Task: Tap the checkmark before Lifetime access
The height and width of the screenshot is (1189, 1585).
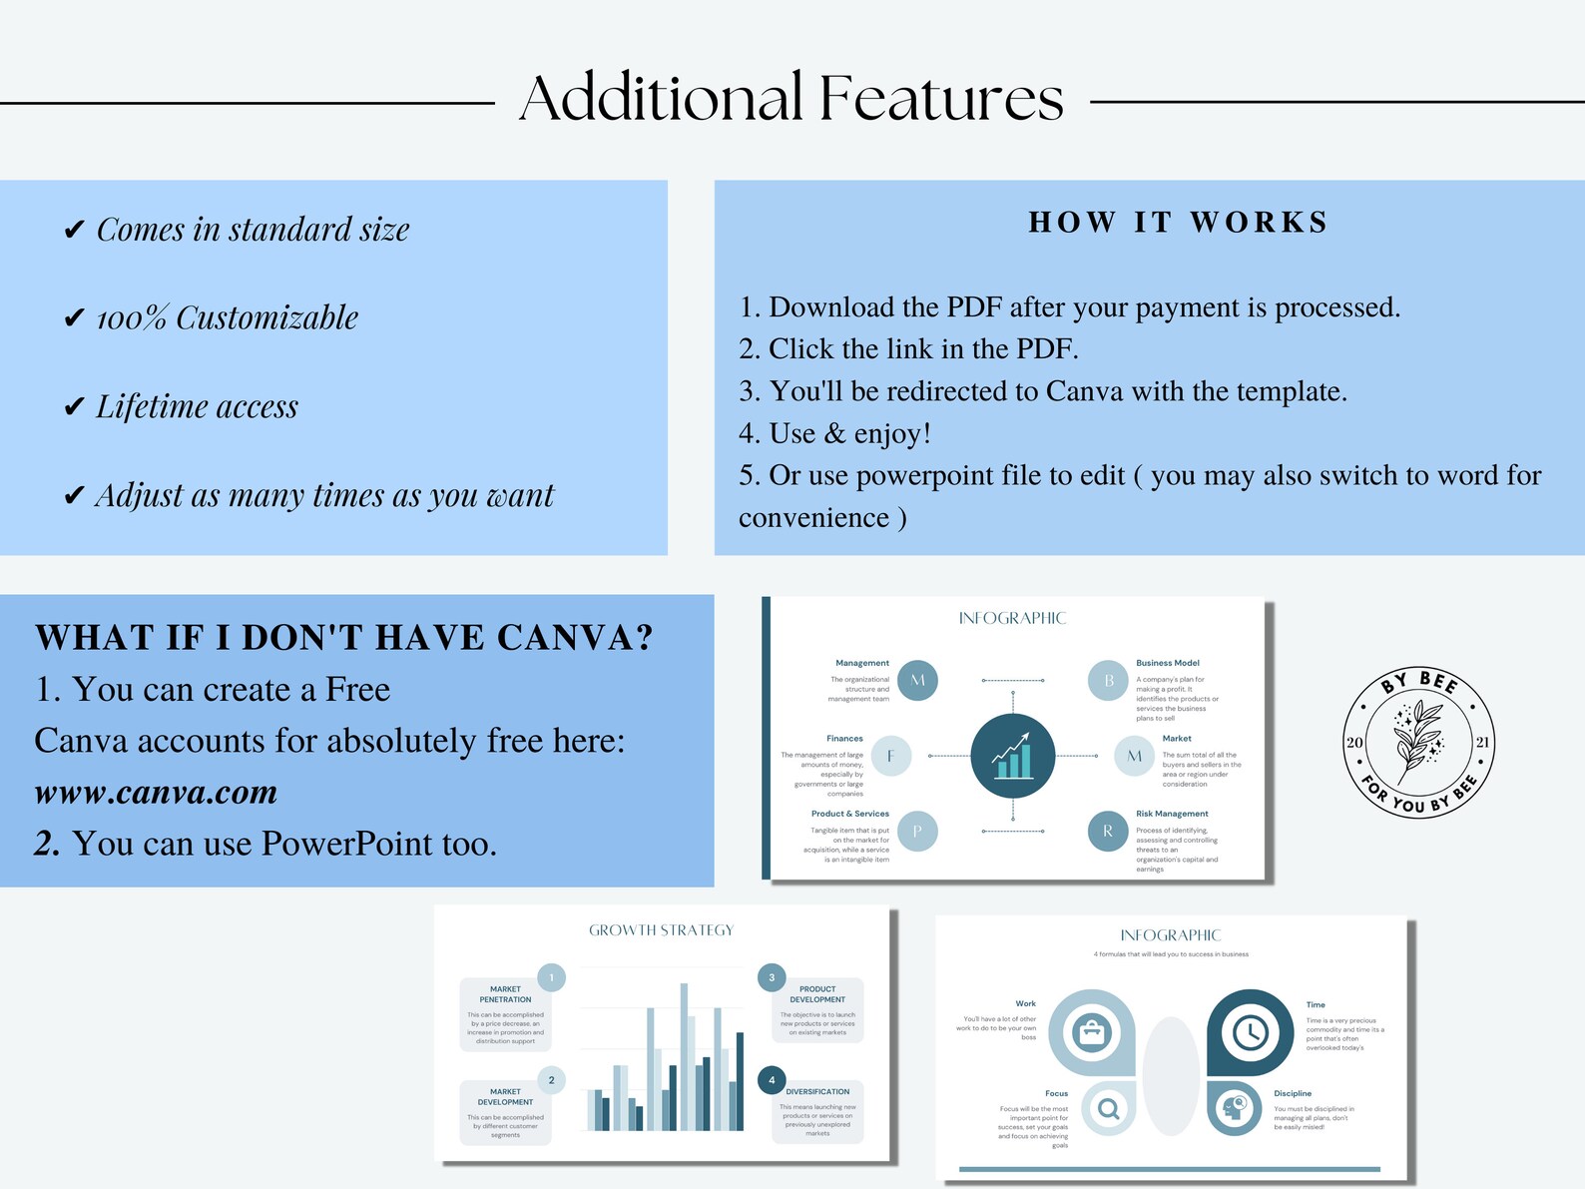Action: [x=74, y=407]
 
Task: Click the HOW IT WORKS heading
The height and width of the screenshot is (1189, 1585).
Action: [x=1178, y=222]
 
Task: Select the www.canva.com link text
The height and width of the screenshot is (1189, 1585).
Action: [x=156, y=793]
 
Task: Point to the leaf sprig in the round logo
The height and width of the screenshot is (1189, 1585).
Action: [x=1417, y=740]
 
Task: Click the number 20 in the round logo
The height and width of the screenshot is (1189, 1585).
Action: [x=1354, y=743]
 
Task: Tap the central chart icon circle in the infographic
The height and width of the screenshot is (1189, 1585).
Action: [x=1012, y=756]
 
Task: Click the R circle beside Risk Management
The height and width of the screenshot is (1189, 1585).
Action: [x=1107, y=831]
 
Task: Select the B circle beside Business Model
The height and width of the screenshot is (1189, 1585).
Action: [x=1108, y=681]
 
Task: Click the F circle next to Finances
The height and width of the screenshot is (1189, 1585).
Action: [x=890, y=756]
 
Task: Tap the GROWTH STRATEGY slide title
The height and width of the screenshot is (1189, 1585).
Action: [x=661, y=930]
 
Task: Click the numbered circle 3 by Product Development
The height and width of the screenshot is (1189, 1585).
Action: [x=772, y=977]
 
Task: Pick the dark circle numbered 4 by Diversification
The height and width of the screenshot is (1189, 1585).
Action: [x=772, y=1080]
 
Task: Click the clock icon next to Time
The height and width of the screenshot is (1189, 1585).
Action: [x=1250, y=1032]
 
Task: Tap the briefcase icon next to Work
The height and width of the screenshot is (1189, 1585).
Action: [x=1091, y=1032]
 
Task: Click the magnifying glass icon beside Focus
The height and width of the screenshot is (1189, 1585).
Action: [x=1108, y=1108]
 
